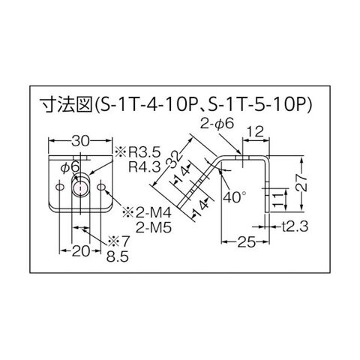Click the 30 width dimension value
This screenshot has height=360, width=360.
point(80,142)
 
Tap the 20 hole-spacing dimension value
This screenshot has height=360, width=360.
point(80,250)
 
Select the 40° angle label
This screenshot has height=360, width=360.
point(235,197)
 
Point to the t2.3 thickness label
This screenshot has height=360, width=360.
point(295,227)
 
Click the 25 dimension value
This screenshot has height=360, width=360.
point(246,241)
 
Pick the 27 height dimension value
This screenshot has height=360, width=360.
point(302,183)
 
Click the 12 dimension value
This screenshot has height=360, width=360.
point(256,132)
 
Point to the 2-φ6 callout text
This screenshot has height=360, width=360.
point(217,124)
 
